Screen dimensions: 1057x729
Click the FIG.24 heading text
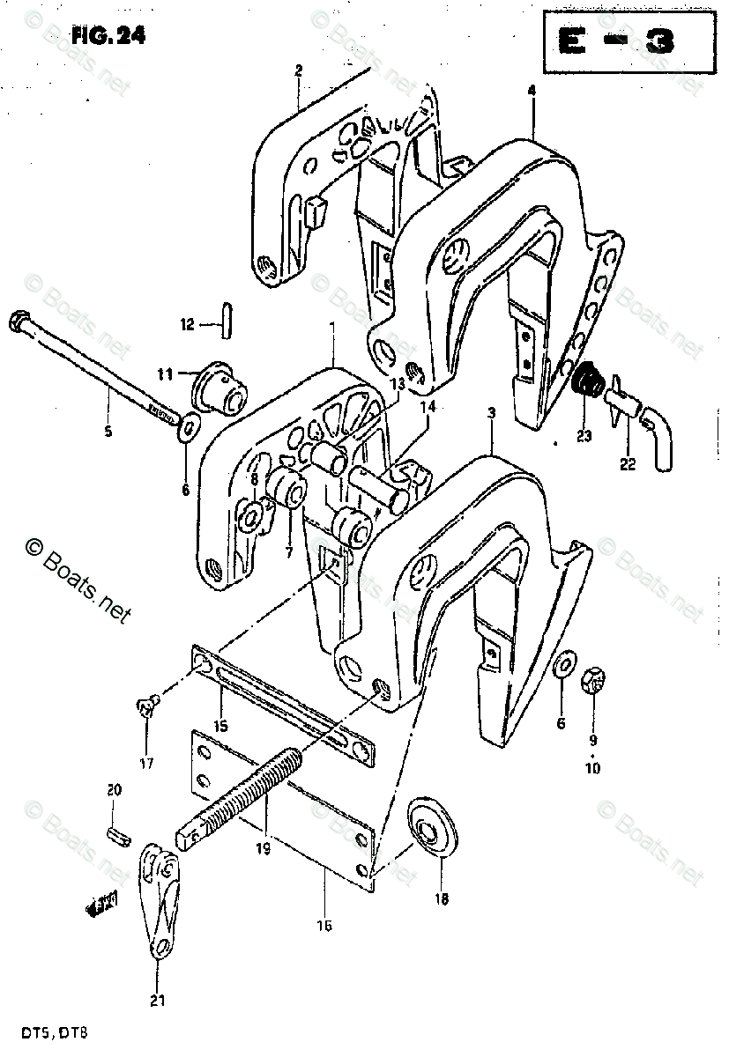(108, 36)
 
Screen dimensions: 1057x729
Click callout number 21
(159, 1000)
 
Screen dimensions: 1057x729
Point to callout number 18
(442, 899)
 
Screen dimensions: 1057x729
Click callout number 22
(628, 465)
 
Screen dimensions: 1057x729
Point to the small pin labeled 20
(115, 834)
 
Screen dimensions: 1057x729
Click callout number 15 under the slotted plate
(219, 725)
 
